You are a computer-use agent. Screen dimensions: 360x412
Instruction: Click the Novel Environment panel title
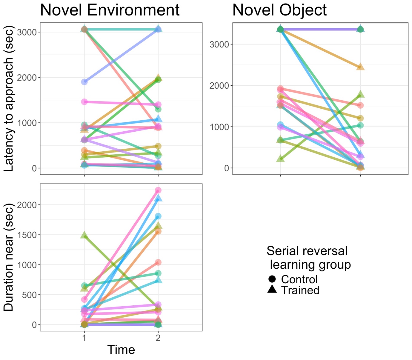pyautogui.click(x=110, y=10)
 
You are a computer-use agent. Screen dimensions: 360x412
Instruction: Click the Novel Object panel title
pyautogui.click(x=279, y=10)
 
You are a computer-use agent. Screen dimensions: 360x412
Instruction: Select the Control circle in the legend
pyautogui.click(x=272, y=279)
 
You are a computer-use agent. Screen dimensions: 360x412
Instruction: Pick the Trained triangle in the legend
pyautogui.click(x=272, y=289)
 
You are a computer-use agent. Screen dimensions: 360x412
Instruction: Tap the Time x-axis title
pyautogui.click(x=121, y=350)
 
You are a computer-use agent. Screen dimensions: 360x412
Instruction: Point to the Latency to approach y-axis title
pyautogui.click(x=9, y=99)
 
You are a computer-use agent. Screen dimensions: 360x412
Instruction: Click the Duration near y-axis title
pyautogui.click(x=9, y=257)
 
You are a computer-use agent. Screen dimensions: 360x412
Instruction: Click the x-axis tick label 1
pyautogui.click(x=84, y=338)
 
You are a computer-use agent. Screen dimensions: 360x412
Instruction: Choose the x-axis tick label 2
pyautogui.click(x=158, y=338)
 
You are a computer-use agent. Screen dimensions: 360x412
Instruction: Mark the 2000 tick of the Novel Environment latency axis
pyautogui.click(x=27, y=78)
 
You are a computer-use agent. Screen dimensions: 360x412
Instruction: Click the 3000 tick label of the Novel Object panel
pyautogui.click(x=219, y=44)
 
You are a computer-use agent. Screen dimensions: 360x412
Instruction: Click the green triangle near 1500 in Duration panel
pyautogui.click(x=84, y=235)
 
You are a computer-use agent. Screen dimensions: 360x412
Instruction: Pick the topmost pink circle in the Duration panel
pyautogui.click(x=158, y=190)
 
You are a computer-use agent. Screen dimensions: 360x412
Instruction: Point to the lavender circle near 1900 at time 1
pyautogui.click(x=84, y=82)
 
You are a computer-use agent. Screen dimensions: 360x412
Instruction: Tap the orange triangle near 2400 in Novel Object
pyautogui.click(x=360, y=67)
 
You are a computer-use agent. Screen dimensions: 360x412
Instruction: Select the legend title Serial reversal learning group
pyautogui.click(x=308, y=258)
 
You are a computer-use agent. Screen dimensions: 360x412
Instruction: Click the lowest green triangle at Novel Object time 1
pyautogui.click(x=280, y=159)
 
